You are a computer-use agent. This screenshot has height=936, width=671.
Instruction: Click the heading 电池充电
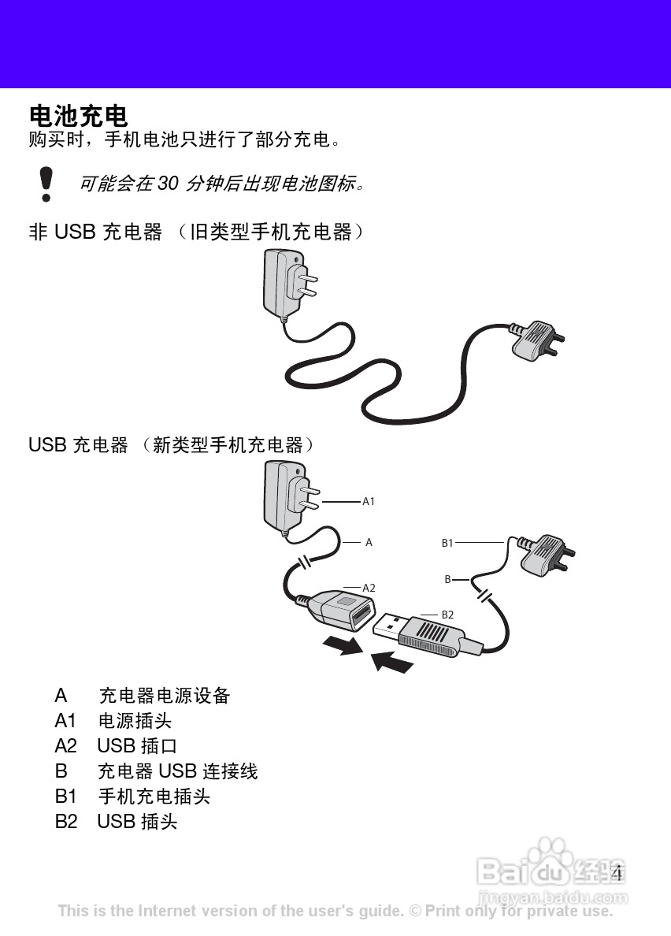(78, 116)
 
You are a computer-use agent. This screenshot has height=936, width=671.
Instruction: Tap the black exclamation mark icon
(46, 183)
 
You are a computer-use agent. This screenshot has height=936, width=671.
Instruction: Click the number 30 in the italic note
(169, 184)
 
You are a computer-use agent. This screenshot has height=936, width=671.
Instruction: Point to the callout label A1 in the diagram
(369, 501)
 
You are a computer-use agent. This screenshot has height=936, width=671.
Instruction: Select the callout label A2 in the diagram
(369, 588)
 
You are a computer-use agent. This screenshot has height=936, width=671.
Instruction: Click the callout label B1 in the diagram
(447, 543)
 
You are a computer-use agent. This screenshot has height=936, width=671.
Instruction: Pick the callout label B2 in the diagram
(447, 615)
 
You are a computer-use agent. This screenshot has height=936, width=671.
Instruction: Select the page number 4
(617, 873)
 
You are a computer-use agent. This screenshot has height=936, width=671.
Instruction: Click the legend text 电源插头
(135, 721)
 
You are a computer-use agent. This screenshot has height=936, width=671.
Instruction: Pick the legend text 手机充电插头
(154, 797)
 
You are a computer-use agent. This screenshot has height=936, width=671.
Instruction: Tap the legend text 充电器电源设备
(165, 696)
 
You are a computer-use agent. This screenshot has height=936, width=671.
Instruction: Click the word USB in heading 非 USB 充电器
(75, 232)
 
